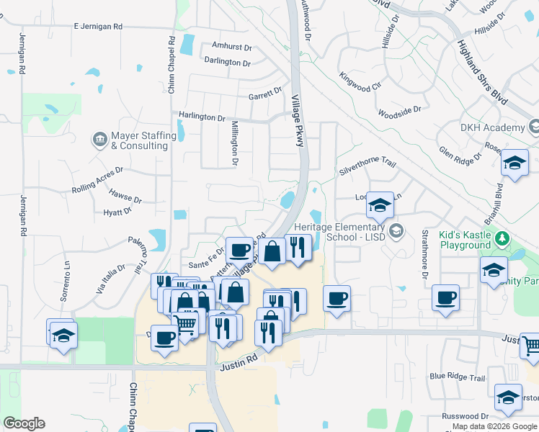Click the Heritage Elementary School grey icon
(395, 231)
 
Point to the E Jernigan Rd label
(98, 27)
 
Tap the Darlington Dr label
(227, 63)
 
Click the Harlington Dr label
(202, 117)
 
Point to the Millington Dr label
(234, 143)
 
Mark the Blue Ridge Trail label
(457, 377)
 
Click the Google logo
(24, 423)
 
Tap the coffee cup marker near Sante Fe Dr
(239, 251)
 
